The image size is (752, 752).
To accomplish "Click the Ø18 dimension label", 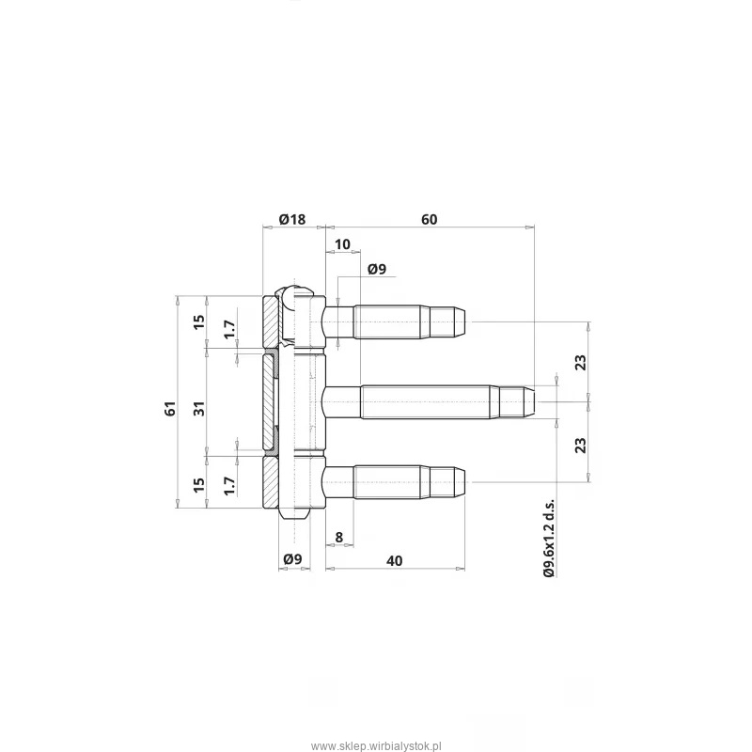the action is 292,220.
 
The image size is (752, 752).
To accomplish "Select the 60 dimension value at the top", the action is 430,220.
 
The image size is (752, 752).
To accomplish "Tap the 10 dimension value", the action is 342,244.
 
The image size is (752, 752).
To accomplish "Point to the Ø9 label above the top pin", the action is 377,269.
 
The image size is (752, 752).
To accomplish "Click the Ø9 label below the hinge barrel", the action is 292,559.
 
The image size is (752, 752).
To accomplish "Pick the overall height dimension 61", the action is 171,408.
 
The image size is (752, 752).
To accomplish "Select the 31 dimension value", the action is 199,408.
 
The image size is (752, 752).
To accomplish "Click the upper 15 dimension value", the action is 199,321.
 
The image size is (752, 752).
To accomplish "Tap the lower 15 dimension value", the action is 199,484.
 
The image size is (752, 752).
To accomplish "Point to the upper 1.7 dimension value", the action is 230,330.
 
